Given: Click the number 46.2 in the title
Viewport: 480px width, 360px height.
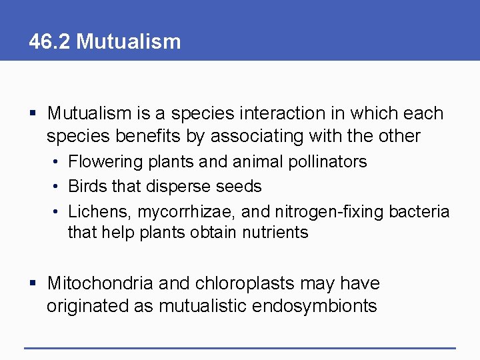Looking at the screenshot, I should [x=50, y=41].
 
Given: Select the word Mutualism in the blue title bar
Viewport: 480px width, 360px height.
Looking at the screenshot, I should [x=129, y=41].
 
